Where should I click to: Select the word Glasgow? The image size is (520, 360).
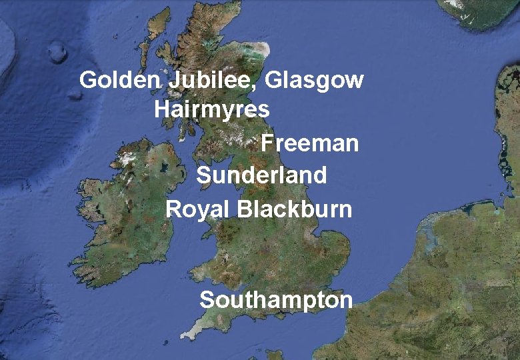[315, 81]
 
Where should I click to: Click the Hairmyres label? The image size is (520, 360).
[212, 109]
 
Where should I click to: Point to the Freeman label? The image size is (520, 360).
[309, 143]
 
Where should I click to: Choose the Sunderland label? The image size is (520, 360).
[261, 175]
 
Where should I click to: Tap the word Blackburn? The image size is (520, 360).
[294, 209]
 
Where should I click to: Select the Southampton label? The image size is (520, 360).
[276, 299]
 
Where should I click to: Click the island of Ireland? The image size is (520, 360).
[127, 213]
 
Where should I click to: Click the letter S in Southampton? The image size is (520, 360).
[207, 300]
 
